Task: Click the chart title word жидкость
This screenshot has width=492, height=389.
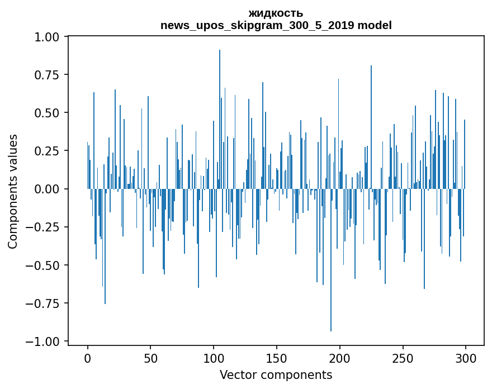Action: pos(276,13)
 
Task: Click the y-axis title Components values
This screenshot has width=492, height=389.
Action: pos(13,191)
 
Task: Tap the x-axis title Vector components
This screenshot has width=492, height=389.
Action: pos(276,374)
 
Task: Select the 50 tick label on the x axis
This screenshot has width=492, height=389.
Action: pos(150,358)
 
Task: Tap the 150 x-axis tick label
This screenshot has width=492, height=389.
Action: pos(276,358)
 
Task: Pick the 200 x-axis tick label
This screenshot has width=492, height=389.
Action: pos(339,358)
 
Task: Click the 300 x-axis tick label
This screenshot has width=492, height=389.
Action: pos(465,358)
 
